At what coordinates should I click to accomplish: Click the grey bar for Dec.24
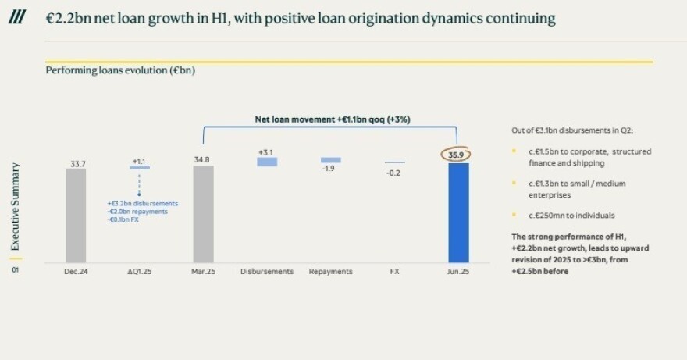pyautogui.click(x=76, y=215)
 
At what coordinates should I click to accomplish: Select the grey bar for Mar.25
pyautogui.click(x=203, y=213)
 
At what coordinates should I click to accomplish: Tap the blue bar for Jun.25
pyautogui.click(x=457, y=212)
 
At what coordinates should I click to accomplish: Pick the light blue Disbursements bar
pyautogui.click(x=267, y=162)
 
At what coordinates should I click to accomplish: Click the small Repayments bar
pyautogui.click(x=331, y=160)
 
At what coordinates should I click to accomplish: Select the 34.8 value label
pyautogui.click(x=202, y=159)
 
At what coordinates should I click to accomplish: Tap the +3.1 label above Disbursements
pyautogui.click(x=267, y=151)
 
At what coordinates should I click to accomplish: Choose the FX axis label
pyautogui.click(x=395, y=271)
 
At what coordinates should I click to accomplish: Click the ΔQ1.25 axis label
pyautogui.click(x=140, y=271)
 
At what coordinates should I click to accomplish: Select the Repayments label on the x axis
pyautogui.click(x=331, y=271)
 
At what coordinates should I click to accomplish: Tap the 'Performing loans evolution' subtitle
pyautogui.click(x=120, y=71)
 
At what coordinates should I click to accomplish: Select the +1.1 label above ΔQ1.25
pyautogui.click(x=139, y=161)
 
